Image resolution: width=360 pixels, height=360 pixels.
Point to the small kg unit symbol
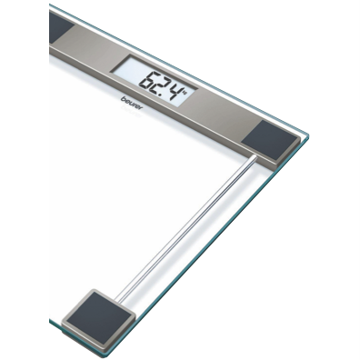point(185,90)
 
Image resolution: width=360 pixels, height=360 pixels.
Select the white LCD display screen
point(154,81)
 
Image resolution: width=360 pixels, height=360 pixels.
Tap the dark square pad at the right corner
point(270,139)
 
